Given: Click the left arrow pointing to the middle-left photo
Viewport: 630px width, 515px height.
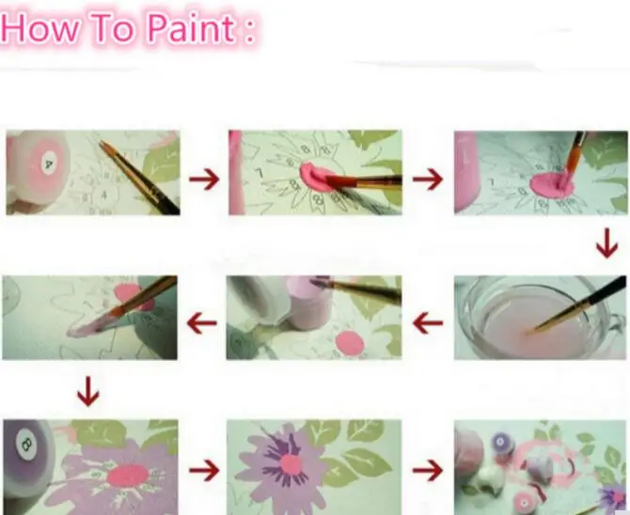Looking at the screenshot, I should click(x=202, y=324).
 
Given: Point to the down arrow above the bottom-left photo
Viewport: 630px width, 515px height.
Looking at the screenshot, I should click(x=87, y=391).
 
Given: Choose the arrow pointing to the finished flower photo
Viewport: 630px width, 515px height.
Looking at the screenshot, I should click(x=204, y=468).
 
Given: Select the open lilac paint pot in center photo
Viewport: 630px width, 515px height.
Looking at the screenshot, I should click(x=308, y=303).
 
